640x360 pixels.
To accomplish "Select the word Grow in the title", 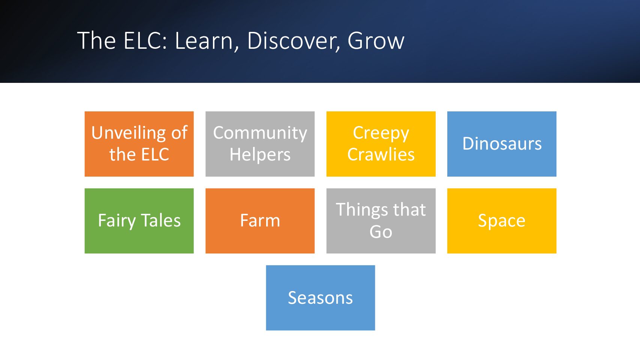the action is [376, 41].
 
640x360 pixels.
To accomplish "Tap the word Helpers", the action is [260, 155].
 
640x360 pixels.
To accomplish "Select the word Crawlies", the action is [381, 154].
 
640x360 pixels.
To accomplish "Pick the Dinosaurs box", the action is [502, 144].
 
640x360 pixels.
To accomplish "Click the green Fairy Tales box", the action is [139, 221].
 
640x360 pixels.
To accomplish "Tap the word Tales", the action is [160, 220].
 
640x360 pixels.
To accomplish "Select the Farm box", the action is [260, 221].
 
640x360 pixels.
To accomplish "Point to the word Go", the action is [381, 232].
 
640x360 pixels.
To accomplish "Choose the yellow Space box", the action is [502, 221].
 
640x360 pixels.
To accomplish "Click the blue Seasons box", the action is [321, 298].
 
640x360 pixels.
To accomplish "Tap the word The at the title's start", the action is [96, 40].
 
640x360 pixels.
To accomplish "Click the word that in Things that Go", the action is [410, 210].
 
